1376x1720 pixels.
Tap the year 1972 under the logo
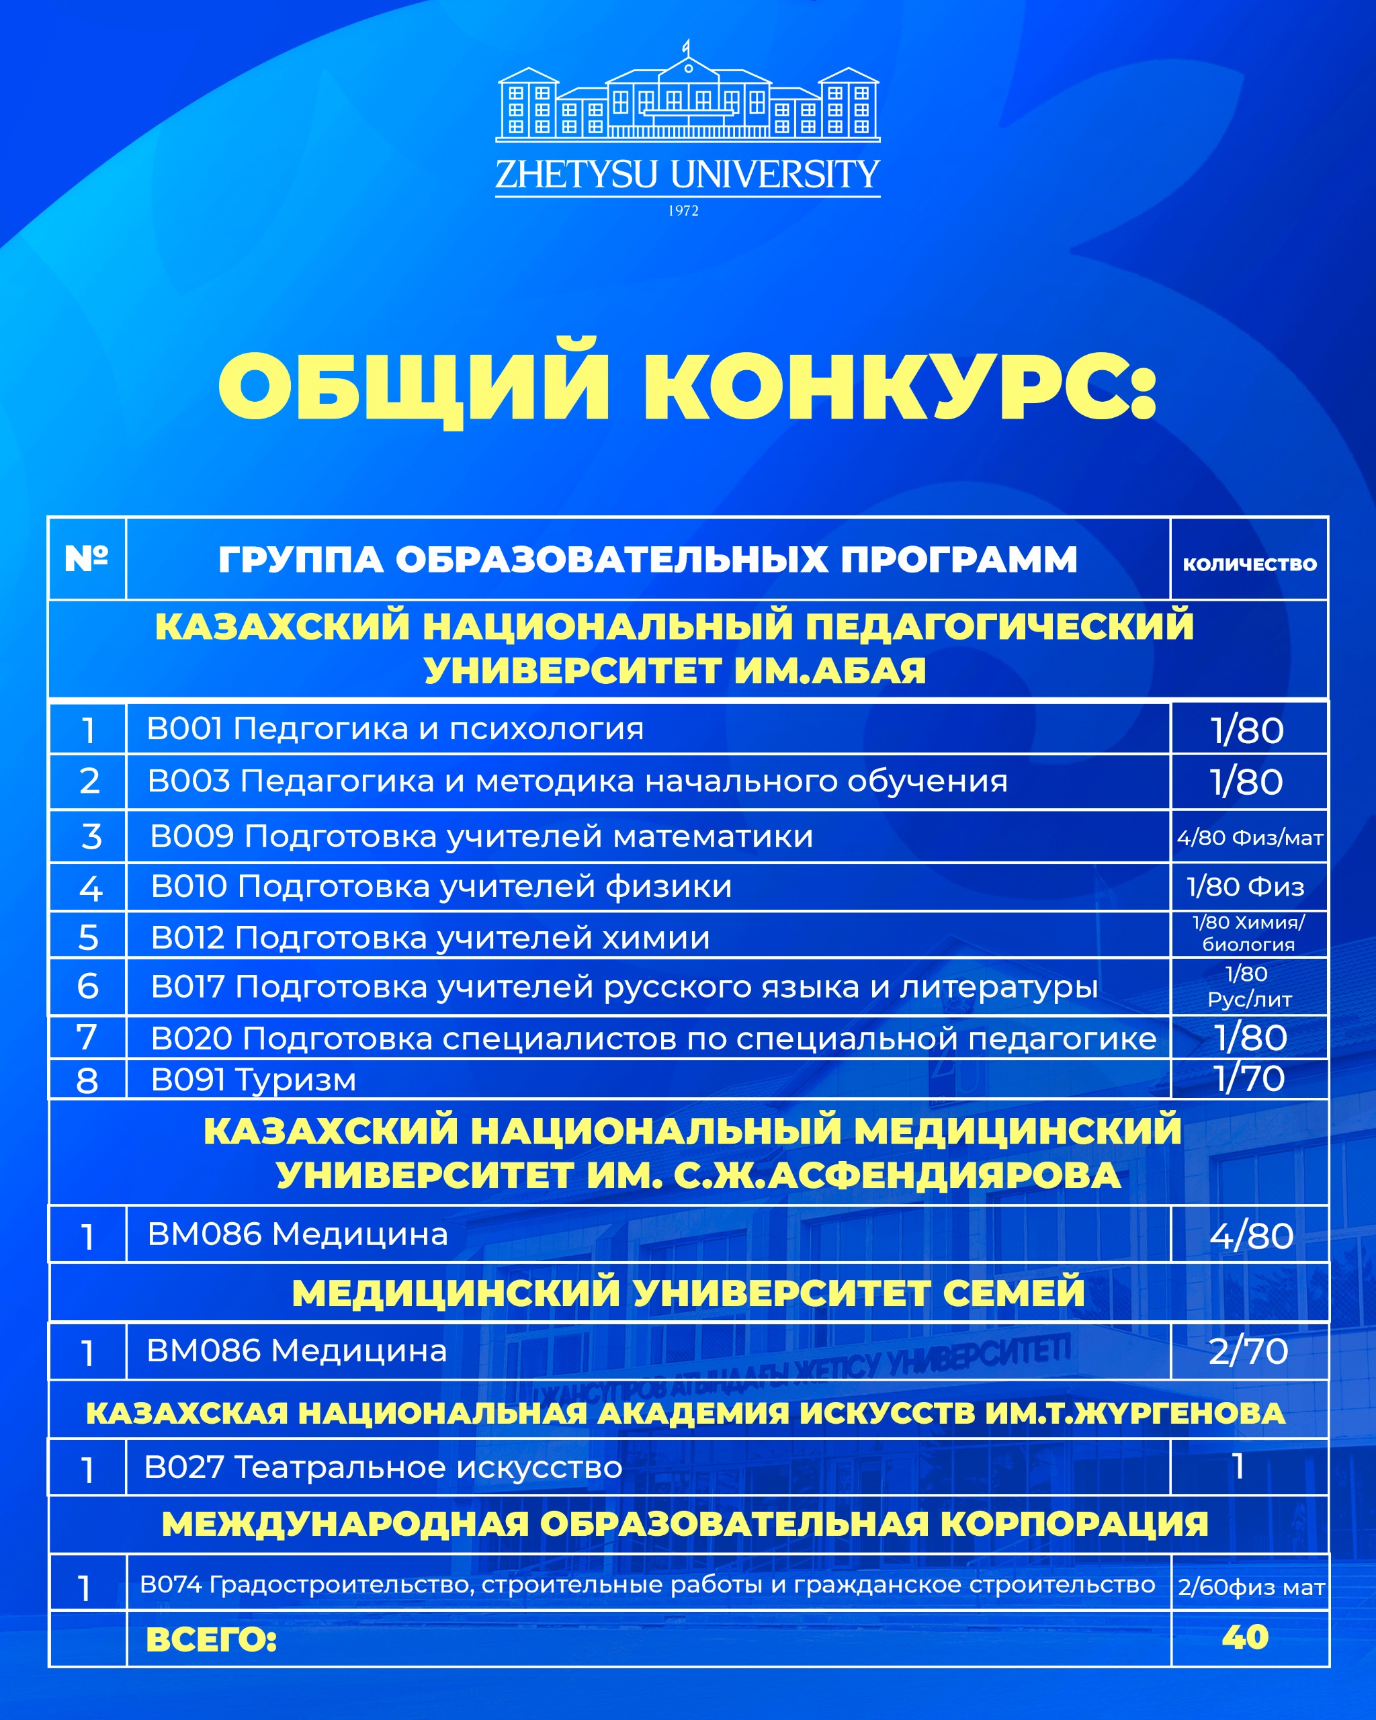(683, 210)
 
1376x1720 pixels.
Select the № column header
(86, 558)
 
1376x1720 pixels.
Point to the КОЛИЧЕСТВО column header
(1249, 564)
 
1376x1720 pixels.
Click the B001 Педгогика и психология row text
(395, 728)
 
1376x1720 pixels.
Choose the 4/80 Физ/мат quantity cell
(1249, 838)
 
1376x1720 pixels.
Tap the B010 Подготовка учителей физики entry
(441, 886)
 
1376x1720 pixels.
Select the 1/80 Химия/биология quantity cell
(1249, 933)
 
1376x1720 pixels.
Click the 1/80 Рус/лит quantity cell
(1249, 986)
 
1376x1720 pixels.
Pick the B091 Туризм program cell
(254, 1080)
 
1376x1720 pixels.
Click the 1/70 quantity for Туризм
(1249, 1078)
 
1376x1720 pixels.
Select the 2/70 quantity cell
(1248, 1351)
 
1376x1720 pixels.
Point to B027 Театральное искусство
(383, 1467)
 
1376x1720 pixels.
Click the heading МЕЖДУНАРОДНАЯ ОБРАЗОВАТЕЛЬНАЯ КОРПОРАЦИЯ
(685, 1524)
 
